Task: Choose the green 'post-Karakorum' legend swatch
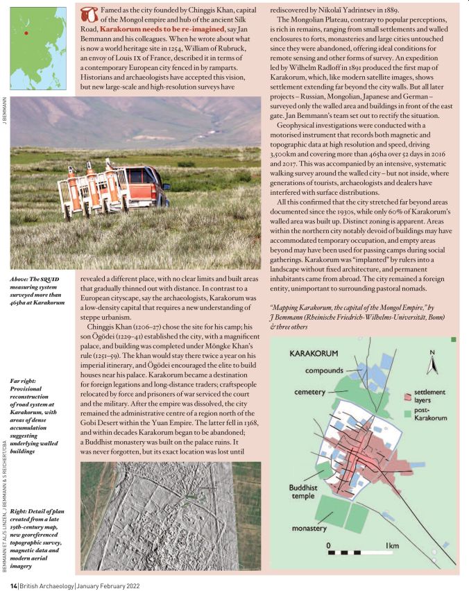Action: point(409,416)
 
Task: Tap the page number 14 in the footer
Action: point(14,584)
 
